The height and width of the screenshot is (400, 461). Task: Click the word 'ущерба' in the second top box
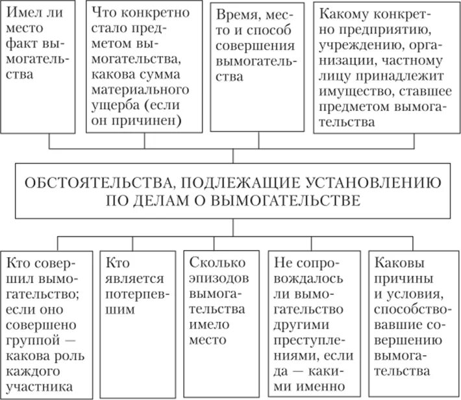tap(115, 105)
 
